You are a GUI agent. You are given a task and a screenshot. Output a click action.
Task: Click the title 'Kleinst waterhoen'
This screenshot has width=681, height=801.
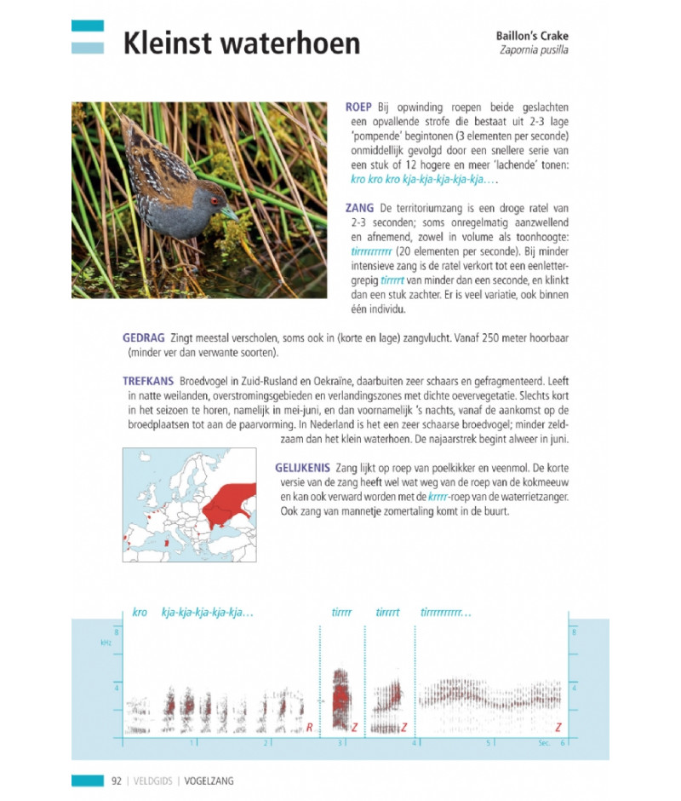point(241,43)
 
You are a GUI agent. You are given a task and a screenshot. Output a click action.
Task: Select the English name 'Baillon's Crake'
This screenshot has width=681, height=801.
point(532,37)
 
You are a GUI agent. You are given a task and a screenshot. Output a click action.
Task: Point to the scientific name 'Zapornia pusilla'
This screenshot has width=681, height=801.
point(535,51)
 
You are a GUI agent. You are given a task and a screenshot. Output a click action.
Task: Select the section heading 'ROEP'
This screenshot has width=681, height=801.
point(358,108)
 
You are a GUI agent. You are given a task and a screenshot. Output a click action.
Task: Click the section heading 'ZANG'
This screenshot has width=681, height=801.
point(359,208)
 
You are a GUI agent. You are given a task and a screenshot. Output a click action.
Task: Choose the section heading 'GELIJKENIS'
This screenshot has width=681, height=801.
point(302,469)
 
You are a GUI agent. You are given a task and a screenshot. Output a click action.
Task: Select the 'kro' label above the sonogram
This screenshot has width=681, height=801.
point(140,612)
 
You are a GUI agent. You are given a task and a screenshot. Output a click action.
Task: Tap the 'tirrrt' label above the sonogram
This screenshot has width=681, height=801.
point(387,612)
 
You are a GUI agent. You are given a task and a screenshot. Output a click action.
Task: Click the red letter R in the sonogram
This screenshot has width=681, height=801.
point(309,727)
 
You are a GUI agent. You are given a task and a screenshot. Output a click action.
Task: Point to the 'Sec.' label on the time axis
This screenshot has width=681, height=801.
point(544,743)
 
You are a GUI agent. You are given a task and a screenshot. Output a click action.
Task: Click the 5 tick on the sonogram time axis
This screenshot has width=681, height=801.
point(489,743)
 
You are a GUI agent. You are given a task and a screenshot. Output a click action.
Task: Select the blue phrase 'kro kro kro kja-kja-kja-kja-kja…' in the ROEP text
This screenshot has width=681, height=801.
point(422,181)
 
